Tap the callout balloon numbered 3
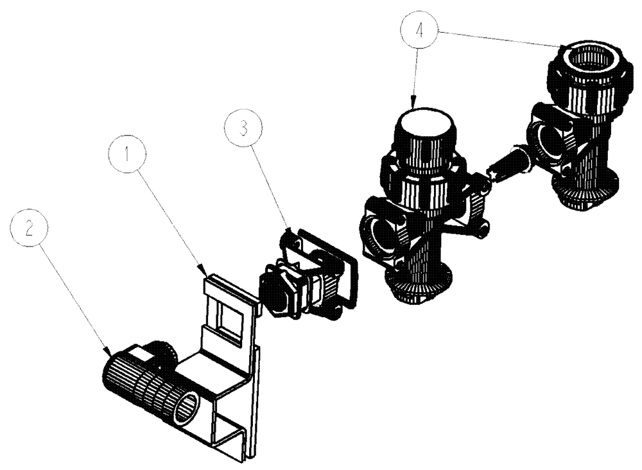click(x=242, y=128)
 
